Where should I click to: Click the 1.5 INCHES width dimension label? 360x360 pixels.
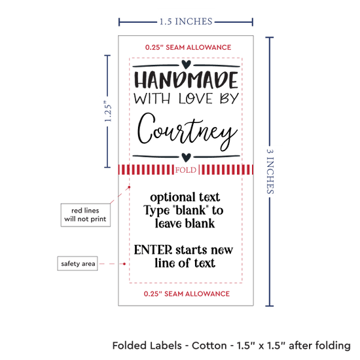(x=186, y=22)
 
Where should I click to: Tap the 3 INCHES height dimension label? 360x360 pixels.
(x=270, y=171)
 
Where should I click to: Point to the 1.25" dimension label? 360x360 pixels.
(x=108, y=111)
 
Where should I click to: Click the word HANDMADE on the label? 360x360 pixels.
(x=186, y=80)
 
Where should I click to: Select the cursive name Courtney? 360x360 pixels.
(x=187, y=132)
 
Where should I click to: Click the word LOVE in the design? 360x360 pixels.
(x=196, y=98)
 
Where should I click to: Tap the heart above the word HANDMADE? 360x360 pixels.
(x=186, y=64)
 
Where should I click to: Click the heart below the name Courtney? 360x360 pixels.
(x=186, y=157)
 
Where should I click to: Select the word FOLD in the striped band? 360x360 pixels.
(x=186, y=170)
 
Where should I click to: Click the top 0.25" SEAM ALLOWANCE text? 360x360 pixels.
(x=188, y=47)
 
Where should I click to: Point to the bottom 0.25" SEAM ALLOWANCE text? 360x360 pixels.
(x=187, y=294)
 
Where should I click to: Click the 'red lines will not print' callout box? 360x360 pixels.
(x=85, y=215)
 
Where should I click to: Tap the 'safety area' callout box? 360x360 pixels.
(x=78, y=263)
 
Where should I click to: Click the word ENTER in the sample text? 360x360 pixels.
(x=153, y=249)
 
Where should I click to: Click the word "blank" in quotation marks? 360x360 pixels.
(x=190, y=210)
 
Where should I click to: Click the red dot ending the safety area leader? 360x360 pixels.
(x=124, y=264)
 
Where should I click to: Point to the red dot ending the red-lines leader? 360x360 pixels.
(x=129, y=187)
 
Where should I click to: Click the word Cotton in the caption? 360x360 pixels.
(x=209, y=346)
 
